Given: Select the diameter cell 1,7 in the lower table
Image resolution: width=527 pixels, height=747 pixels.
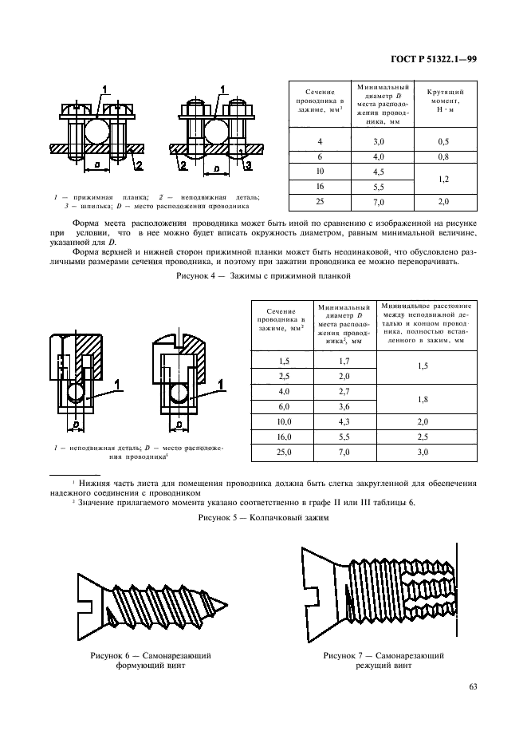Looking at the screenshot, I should pyautogui.click(x=344, y=361).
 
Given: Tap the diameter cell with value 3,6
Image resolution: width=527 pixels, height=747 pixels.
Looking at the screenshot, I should pyautogui.click(x=344, y=406).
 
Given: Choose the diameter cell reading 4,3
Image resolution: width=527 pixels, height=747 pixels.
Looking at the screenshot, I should pyautogui.click(x=344, y=421).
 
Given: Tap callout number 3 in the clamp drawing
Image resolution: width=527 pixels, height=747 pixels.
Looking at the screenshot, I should pyautogui.click(x=248, y=165).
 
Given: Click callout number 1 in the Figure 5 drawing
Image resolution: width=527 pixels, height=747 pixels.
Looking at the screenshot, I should pyautogui.click(x=117, y=384).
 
